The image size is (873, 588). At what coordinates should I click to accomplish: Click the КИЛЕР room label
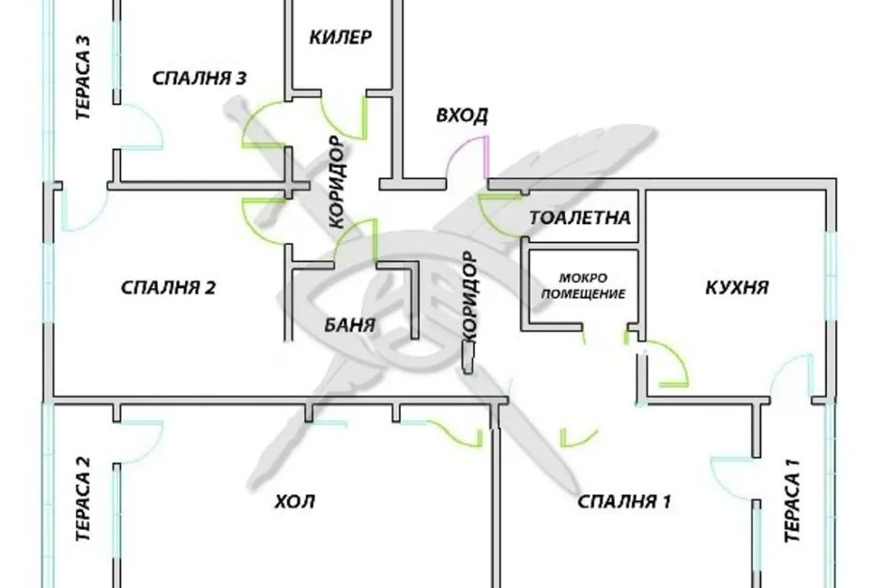click(341, 38)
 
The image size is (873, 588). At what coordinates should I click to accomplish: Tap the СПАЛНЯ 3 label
click(200, 79)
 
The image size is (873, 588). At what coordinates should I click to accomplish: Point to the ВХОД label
click(462, 116)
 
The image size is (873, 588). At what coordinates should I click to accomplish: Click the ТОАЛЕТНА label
click(580, 218)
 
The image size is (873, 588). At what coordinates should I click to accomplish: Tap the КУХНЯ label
click(737, 287)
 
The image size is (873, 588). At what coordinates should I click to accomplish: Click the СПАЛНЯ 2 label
click(169, 287)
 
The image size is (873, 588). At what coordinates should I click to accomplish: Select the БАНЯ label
click(350, 326)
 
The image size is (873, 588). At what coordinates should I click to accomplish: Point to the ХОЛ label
click(295, 502)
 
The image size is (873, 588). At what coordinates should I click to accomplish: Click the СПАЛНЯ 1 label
click(624, 502)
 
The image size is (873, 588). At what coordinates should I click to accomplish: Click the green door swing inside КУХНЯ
click(670, 366)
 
